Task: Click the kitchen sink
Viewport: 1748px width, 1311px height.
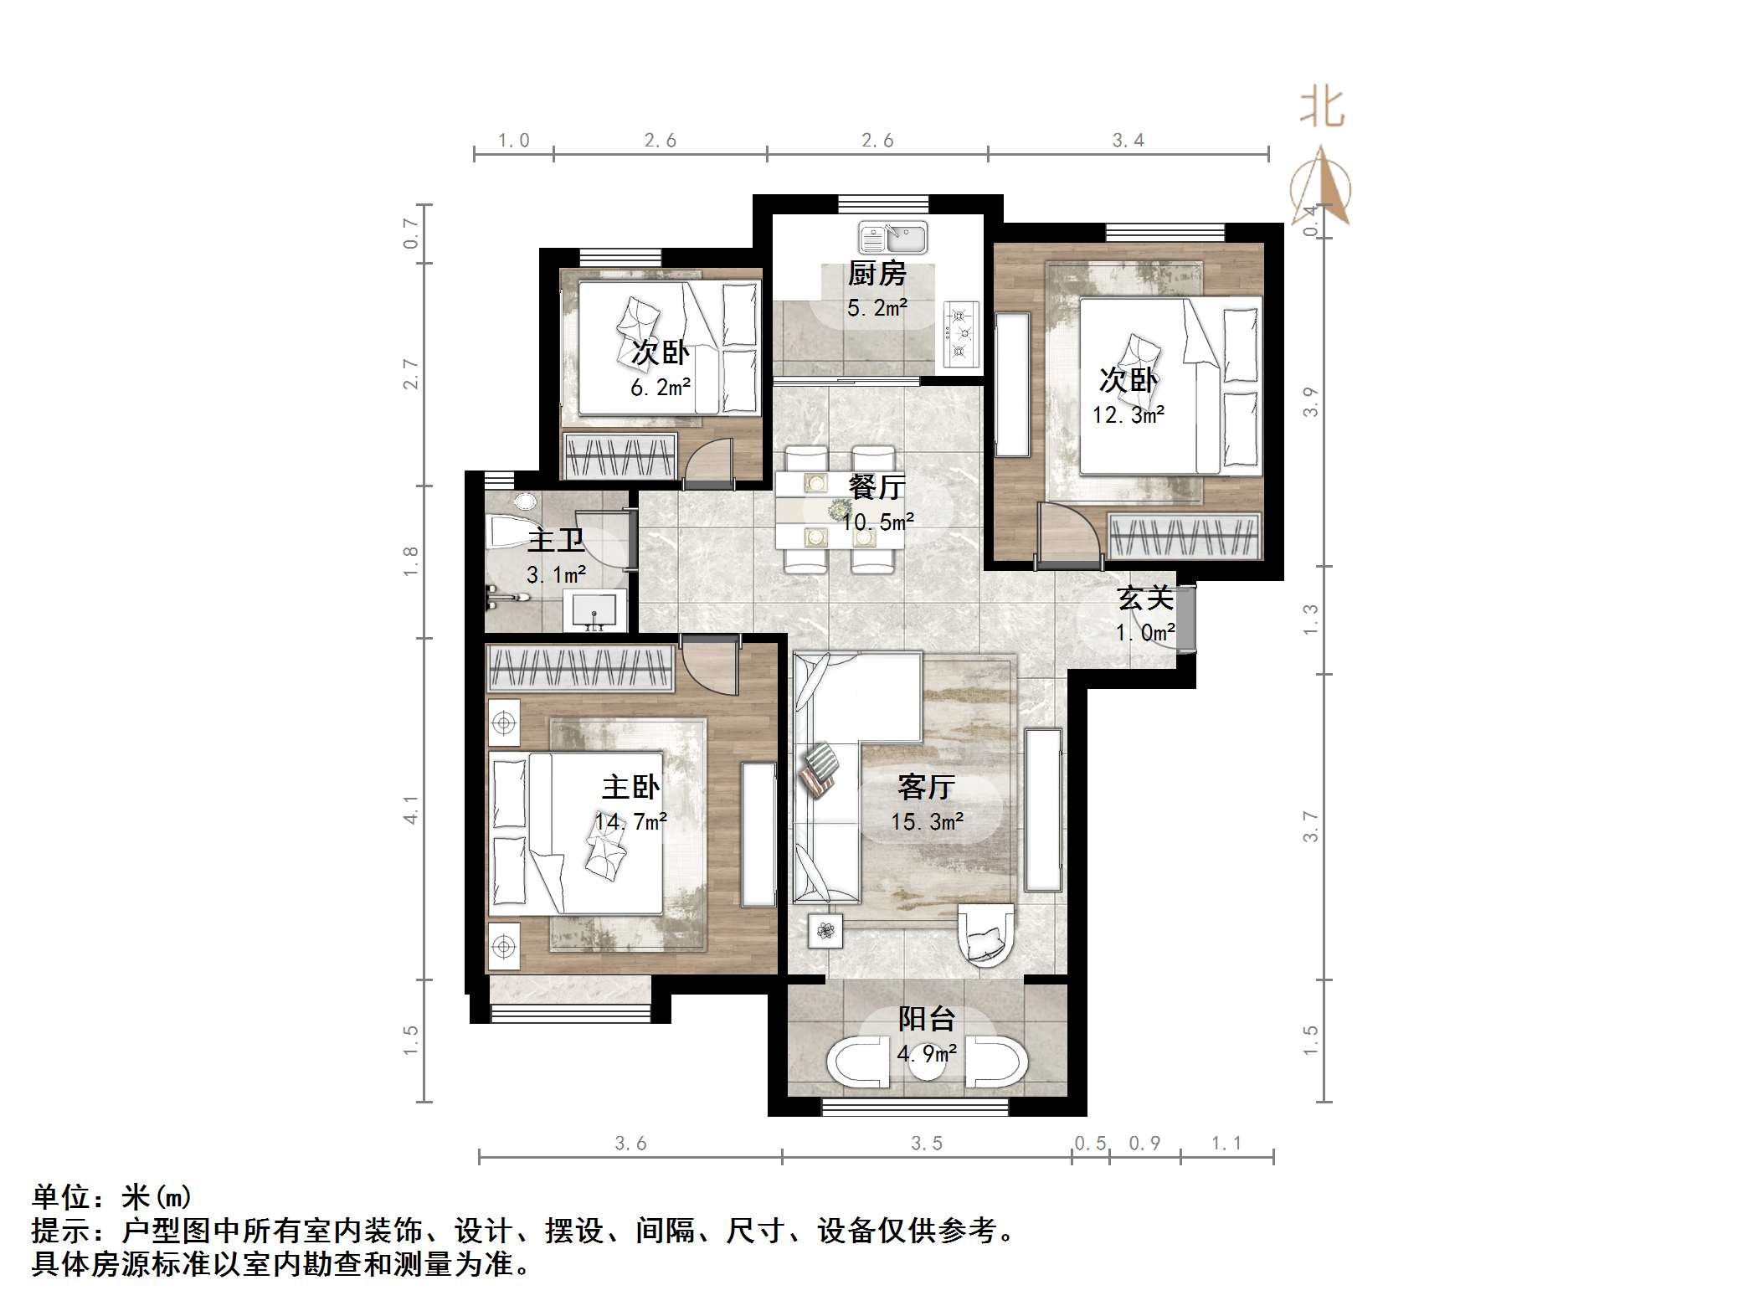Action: tap(892, 238)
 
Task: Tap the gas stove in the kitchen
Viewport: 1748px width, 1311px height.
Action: tap(961, 334)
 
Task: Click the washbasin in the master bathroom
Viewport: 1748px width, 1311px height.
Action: tap(594, 610)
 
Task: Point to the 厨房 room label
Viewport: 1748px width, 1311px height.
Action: tap(877, 274)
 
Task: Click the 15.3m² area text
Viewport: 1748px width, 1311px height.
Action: tap(927, 822)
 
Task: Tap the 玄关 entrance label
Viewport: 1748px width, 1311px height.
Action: tap(1144, 599)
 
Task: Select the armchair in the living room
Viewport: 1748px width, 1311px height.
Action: tap(985, 934)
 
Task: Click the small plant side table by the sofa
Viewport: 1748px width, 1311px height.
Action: tap(826, 930)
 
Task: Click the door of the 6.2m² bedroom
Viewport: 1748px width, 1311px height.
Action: tap(708, 465)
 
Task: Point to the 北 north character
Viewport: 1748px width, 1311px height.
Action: tap(1322, 109)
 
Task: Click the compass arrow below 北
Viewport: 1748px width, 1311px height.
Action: tap(1321, 186)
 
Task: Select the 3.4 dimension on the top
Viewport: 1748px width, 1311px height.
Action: tap(1128, 141)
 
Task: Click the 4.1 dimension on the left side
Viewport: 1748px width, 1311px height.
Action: tap(410, 810)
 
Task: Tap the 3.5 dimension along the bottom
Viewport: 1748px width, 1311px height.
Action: tap(927, 1144)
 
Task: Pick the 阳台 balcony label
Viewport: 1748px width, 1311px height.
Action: tap(927, 1019)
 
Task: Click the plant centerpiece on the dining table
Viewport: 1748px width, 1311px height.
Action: tap(838, 509)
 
